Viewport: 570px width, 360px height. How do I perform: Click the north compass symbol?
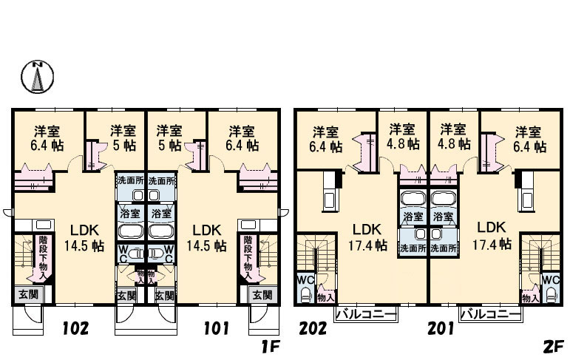[x=37, y=76]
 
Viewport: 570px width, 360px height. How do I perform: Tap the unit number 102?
[x=75, y=328]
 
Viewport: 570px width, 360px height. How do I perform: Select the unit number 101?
[x=216, y=328]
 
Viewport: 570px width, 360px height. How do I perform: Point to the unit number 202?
[x=313, y=328]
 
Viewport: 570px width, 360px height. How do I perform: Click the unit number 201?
[x=441, y=328]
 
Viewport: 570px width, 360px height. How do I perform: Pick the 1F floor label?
[x=270, y=346]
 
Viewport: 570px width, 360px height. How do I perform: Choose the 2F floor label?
[x=553, y=346]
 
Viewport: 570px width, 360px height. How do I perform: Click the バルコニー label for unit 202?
[x=365, y=314]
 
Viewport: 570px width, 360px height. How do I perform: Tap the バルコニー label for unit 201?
[x=491, y=314]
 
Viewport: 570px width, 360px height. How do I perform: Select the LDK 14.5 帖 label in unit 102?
[x=84, y=238]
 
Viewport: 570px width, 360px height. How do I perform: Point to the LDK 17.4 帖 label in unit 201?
[x=492, y=235]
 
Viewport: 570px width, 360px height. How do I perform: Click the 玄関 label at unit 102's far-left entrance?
[x=28, y=294]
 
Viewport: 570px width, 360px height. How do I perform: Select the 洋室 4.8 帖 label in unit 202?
[x=402, y=136]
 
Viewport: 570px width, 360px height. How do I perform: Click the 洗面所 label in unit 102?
[x=131, y=180]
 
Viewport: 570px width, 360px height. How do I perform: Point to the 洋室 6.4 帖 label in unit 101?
[x=242, y=138]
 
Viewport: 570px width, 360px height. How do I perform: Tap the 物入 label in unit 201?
[x=530, y=299]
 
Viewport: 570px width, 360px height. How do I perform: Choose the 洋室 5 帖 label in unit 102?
[x=123, y=138]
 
